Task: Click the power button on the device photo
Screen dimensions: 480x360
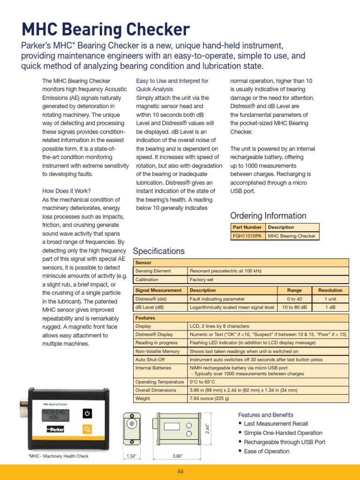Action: [87, 413]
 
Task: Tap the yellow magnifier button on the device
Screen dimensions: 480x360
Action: [87, 429]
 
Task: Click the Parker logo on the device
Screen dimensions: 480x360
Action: [55, 429]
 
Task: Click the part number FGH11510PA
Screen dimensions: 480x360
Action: [247, 236]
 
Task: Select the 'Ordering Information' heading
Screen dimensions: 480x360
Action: [268, 216]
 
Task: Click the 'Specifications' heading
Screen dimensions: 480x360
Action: [159, 251]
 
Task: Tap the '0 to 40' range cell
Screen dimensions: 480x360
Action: [294, 299]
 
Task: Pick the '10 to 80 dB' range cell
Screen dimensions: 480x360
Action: [294, 307]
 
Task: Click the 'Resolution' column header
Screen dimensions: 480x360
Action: [330, 290]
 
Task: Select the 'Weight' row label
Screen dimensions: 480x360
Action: [142, 398]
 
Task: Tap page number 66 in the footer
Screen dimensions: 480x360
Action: [180, 471]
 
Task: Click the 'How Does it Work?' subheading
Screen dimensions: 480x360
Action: [67, 191]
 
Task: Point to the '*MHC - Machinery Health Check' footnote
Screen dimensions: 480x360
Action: [58, 456]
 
